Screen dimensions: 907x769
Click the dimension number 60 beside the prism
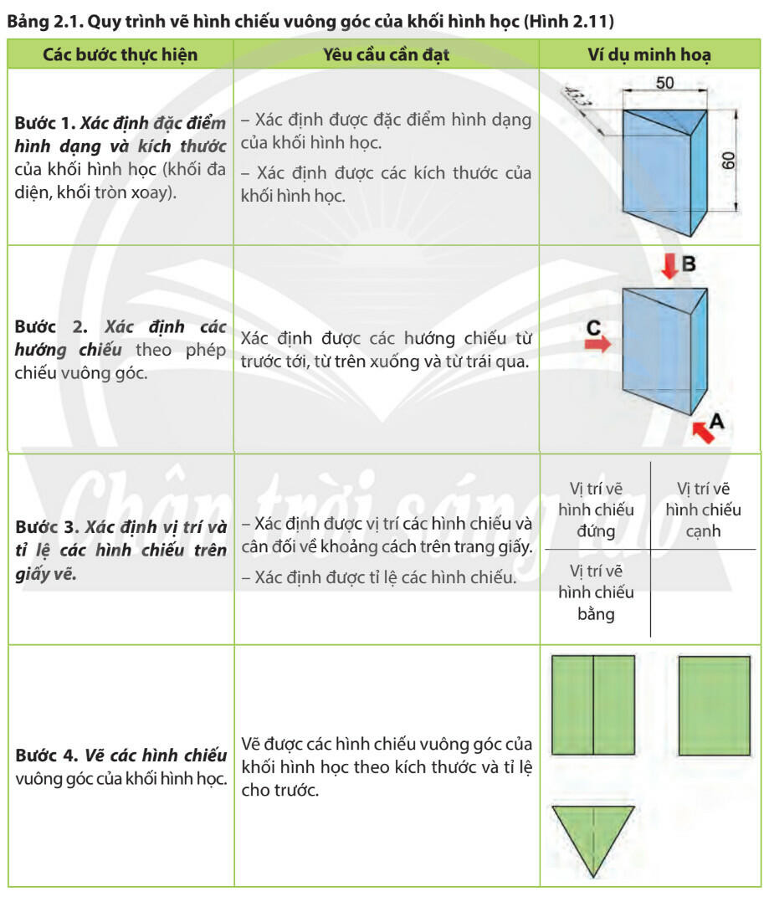[729, 161]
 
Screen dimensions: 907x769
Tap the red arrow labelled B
[668, 267]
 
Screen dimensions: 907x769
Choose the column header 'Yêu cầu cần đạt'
[386, 55]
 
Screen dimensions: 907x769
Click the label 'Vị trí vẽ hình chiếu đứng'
[595, 509]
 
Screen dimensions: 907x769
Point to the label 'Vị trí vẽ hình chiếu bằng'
[595, 592]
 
